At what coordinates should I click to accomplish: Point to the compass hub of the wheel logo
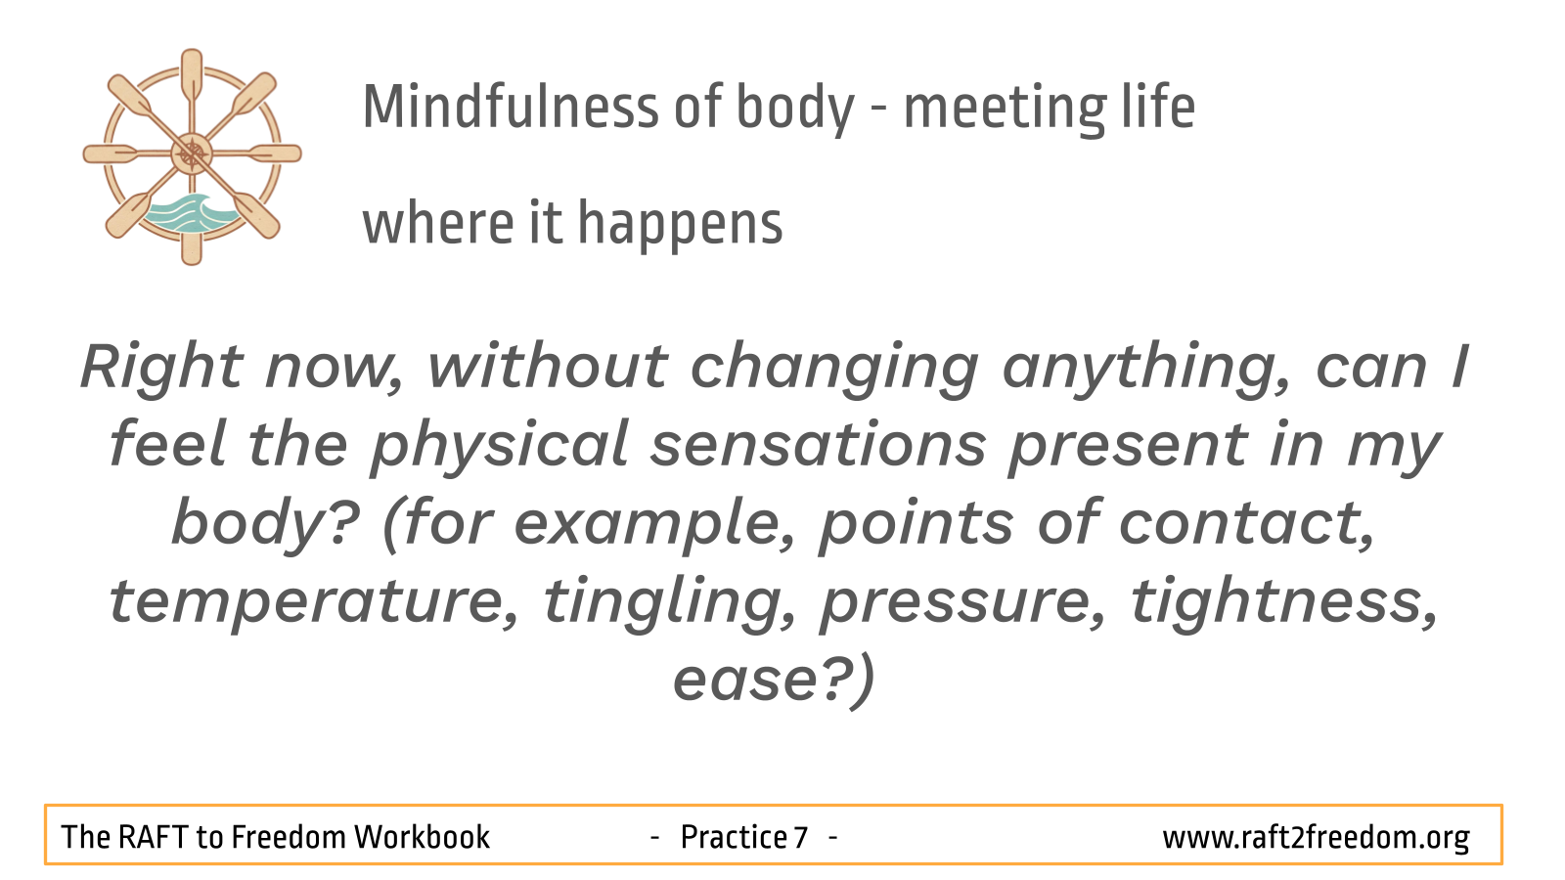192,154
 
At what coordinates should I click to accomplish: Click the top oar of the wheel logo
192,78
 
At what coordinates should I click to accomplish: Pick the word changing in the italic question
835,371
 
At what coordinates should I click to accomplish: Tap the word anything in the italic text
1145,371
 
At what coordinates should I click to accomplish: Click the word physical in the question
500,448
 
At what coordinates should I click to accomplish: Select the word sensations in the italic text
818,446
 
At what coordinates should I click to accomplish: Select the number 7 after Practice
801,837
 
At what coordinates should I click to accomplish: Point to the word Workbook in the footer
423,837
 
